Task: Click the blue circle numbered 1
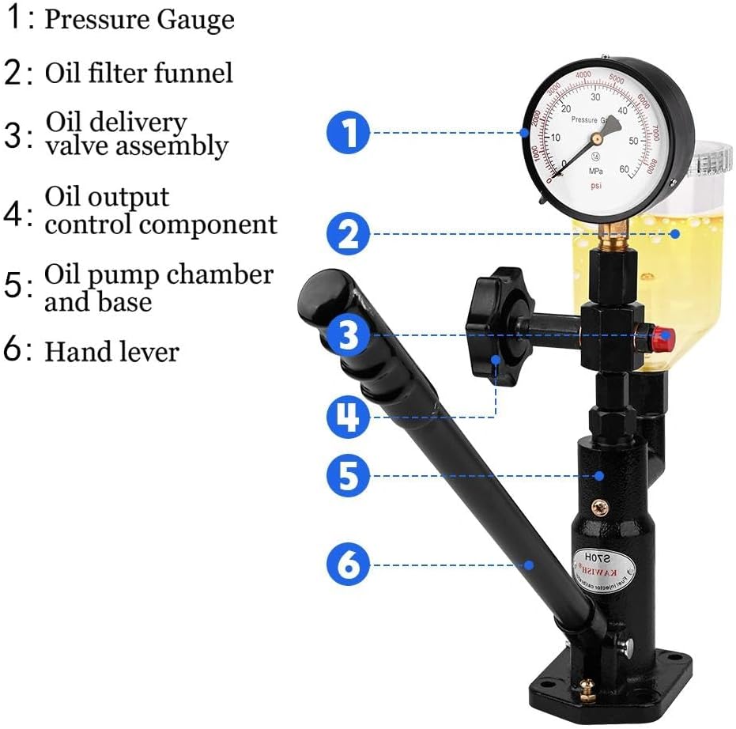click(x=349, y=132)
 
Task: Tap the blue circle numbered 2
click(x=349, y=233)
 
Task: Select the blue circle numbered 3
click(x=349, y=335)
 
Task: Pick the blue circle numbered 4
click(x=349, y=416)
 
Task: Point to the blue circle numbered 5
click(x=349, y=475)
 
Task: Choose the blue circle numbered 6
click(x=349, y=565)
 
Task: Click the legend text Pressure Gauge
click(x=139, y=19)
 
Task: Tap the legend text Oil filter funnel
click(x=138, y=73)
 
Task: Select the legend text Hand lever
click(x=111, y=351)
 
